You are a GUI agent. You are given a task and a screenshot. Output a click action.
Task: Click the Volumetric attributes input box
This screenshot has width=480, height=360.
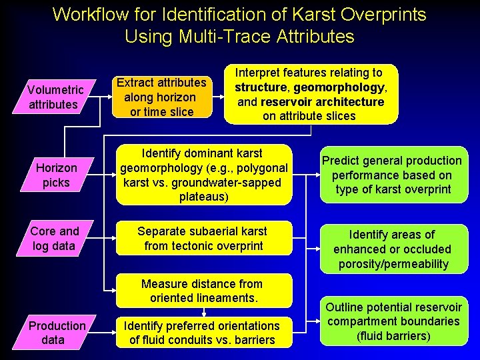(56, 97)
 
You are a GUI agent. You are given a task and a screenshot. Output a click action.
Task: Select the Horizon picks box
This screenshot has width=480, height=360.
(56, 175)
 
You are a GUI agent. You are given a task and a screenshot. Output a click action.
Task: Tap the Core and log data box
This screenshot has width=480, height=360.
(56, 239)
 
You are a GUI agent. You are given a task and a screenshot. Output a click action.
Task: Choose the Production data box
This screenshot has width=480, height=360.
(56, 332)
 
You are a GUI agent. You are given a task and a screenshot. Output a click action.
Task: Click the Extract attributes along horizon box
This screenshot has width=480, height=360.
(161, 97)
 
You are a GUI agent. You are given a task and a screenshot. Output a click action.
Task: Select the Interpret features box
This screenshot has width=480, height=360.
(311, 94)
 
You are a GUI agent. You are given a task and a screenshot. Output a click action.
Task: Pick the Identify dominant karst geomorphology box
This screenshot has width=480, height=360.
(204, 175)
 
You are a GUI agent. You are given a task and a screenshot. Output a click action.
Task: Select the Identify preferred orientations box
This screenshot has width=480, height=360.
(202, 332)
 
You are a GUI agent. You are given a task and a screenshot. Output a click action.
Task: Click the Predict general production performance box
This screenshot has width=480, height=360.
(392, 175)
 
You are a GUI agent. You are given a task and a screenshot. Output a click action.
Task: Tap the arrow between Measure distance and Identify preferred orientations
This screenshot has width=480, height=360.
(204, 312)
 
